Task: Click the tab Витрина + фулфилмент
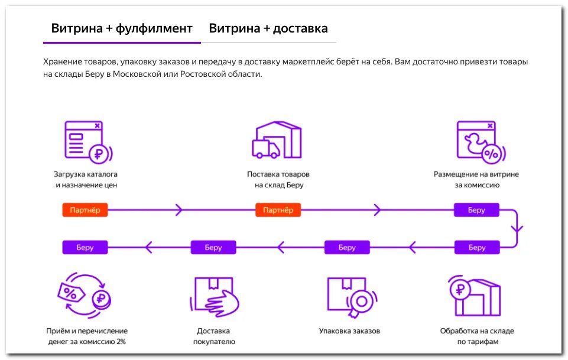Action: (x=122, y=28)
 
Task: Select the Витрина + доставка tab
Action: (x=268, y=28)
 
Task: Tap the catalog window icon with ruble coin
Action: (x=86, y=141)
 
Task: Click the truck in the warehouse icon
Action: (x=265, y=148)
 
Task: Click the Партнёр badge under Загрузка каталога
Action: (x=85, y=210)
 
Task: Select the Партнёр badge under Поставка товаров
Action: (x=278, y=210)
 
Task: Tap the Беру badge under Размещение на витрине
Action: (x=476, y=210)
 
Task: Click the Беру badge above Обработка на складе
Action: (x=476, y=247)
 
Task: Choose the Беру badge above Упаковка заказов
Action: (x=347, y=247)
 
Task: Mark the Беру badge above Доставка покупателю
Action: (x=213, y=247)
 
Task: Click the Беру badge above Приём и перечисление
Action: (x=85, y=247)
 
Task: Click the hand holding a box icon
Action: (x=216, y=296)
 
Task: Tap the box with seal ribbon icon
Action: (x=349, y=296)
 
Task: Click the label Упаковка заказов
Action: (x=349, y=331)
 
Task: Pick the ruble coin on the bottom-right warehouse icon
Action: (x=460, y=290)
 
